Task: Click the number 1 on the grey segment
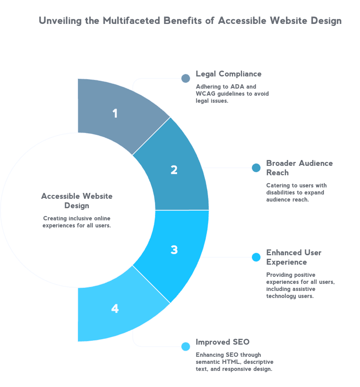click(x=115, y=113)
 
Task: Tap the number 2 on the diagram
click(x=174, y=170)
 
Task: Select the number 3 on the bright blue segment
click(x=174, y=250)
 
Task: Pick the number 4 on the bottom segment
click(x=115, y=309)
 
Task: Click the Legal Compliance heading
click(x=229, y=74)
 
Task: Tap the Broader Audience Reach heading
click(x=299, y=168)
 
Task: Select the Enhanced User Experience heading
click(x=293, y=257)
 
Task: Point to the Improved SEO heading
click(x=223, y=342)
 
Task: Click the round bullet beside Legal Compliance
click(x=185, y=78)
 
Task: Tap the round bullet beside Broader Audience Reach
click(x=256, y=168)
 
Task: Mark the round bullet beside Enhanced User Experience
click(x=256, y=257)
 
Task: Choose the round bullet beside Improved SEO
click(x=185, y=347)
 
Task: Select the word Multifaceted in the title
click(x=137, y=21)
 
